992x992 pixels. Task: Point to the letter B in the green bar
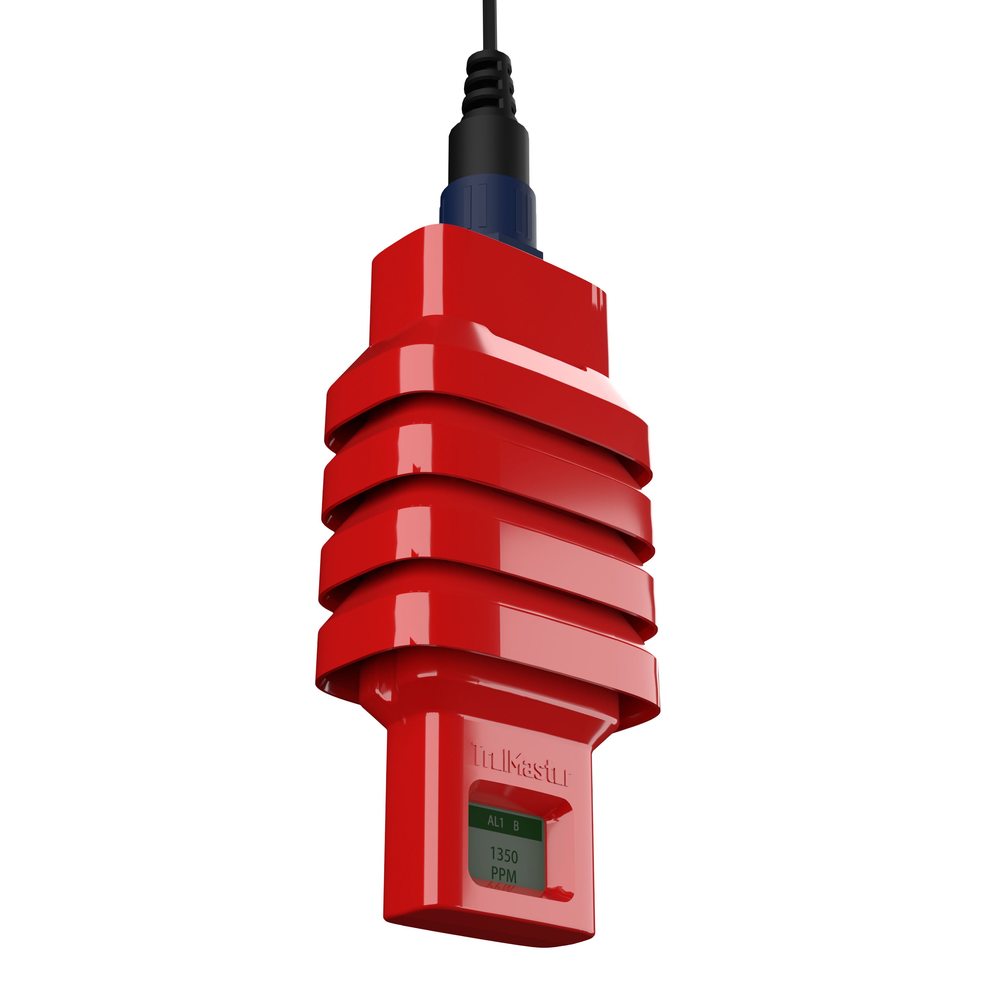coord(516,826)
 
